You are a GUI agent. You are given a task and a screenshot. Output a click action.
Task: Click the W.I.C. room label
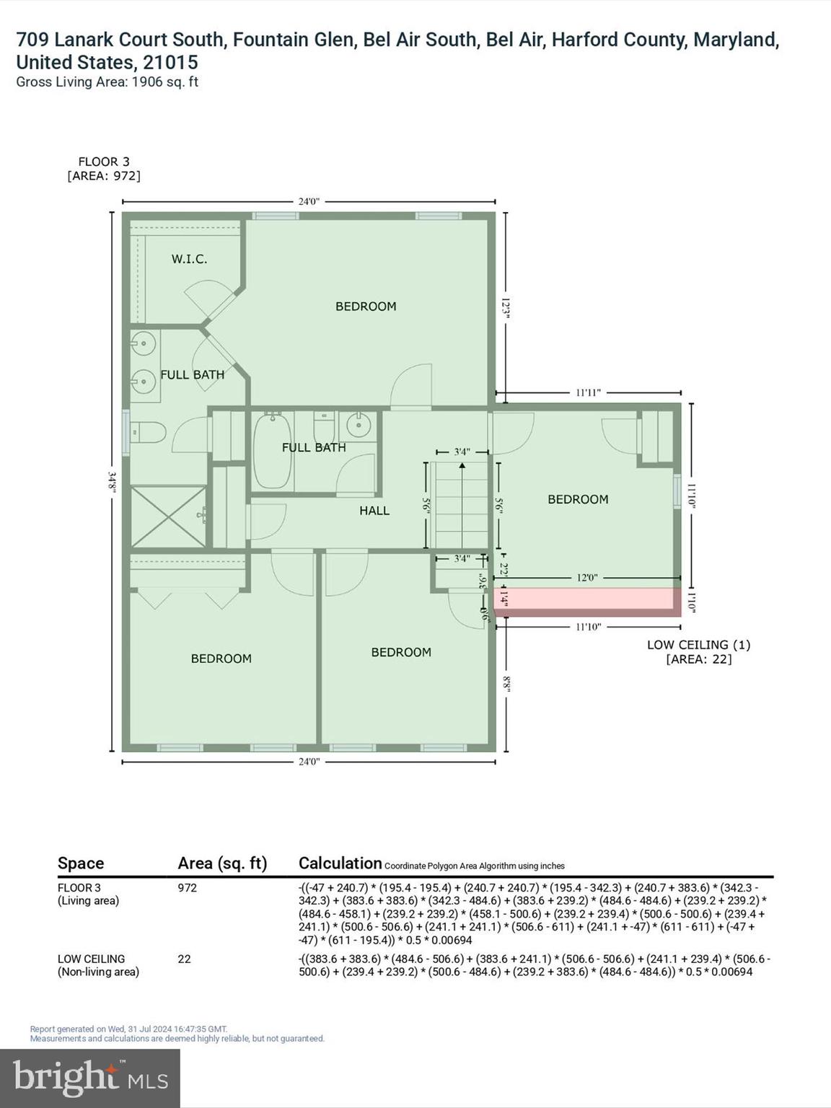pos(189,259)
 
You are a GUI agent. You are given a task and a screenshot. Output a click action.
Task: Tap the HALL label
pos(374,511)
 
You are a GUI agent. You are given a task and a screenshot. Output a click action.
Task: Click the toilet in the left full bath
pos(149,434)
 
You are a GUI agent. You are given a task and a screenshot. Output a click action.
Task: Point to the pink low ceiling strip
pos(586,602)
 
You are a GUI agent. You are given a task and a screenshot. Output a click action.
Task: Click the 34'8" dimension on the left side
pos(112,480)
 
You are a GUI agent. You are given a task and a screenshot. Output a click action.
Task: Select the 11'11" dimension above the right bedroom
pos(588,393)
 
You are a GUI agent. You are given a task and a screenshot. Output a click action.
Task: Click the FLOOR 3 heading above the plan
pos(104,162)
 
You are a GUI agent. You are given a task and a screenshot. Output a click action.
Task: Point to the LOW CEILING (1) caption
pos(698,645)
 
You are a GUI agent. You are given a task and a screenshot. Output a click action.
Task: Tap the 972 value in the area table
pos(188,888)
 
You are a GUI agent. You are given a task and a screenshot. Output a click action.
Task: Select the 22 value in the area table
pos(184,959)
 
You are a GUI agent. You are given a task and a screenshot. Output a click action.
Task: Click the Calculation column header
pos(340,863)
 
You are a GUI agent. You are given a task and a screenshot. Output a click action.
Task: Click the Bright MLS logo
pos(90,1078)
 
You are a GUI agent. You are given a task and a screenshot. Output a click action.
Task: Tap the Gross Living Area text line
pos(107,82)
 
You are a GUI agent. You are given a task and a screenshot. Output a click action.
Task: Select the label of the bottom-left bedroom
pos(221,659)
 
